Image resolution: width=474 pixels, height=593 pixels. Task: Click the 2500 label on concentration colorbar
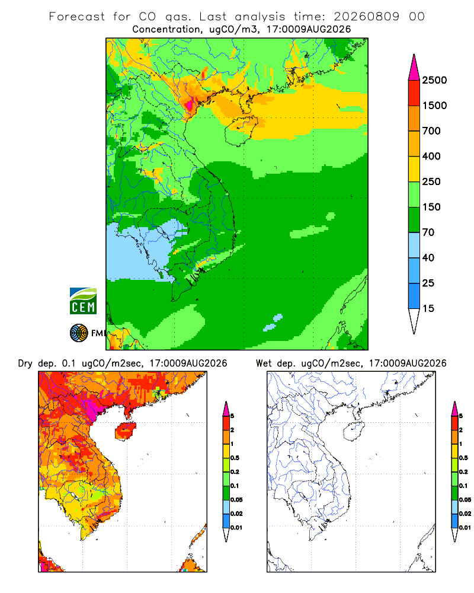(x=434, y=80)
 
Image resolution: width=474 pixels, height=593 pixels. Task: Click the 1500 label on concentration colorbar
(x=434, y=106)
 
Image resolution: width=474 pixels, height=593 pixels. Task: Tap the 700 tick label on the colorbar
(x=431, y=131)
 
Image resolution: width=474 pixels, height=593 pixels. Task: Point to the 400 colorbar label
(x=431, y=156)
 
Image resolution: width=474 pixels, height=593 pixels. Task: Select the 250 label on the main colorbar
(x=431, y=181)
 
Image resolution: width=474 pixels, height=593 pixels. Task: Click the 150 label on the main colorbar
(x=431, y=207)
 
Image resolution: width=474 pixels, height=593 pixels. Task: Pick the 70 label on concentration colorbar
(x=428, y=232)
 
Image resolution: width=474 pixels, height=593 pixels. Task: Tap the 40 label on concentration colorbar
(x=428, y=257)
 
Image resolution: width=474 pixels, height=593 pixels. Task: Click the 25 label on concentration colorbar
(x=428, y=283)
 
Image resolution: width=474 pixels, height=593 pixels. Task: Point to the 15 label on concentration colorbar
(x=428, y=308)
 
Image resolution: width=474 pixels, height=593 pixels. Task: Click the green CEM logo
(x=83, y=301)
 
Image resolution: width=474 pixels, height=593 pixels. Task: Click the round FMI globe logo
(x=79, y=333)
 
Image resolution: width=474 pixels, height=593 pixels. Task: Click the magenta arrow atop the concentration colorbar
(x=414, y=68)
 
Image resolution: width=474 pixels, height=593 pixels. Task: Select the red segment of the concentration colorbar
(x=414, y=93)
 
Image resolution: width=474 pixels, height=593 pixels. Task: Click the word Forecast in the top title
(x=77, y=17)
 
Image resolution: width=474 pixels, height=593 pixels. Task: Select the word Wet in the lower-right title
(x=264, y=364)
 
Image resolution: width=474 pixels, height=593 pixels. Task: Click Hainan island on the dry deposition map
(x=125, y=431)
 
